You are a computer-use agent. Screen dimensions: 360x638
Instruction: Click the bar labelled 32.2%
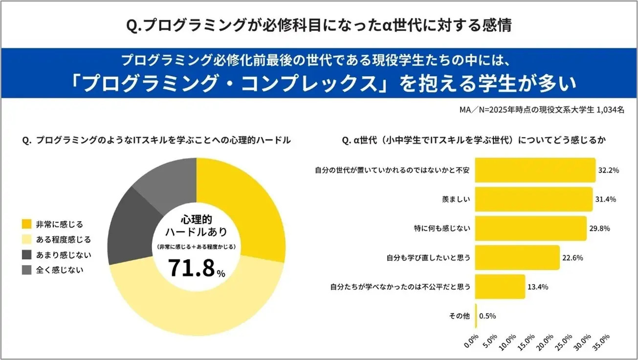click(x=535, y=170)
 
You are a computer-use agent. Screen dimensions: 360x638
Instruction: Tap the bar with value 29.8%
click(x=530, y=228)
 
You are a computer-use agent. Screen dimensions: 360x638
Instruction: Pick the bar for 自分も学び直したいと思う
click(x=517, y=258)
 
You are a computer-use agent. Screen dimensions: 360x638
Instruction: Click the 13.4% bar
click(x=500, y=287)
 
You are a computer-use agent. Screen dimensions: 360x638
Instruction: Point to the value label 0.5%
click(x=488, y=315)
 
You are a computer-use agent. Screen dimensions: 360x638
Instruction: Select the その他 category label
click(x=459, y=315)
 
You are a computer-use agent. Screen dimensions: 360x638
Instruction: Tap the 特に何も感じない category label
click(x=442, y=228)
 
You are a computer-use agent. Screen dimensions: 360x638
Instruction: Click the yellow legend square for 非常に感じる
click(x=26, y=225)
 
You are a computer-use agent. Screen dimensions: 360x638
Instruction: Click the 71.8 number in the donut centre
click(x=191, y=268)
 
